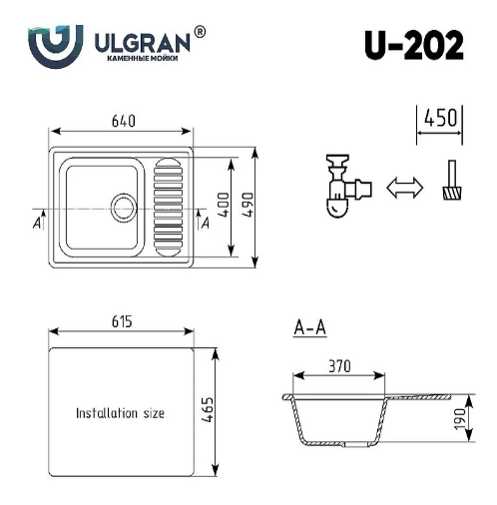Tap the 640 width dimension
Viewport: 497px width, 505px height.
pyautogui.click(x=122, y=121)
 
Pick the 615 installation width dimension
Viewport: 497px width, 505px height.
pyautogui.click(x=121, y=321)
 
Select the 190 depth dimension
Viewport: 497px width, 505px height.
pyautogui.click(x=461, y=418)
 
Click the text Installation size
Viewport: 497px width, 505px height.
pyautogui.click(x=120, y=412)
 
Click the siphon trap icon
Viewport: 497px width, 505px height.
pyautogui.click(x=342, y=185)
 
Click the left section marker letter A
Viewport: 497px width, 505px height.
pyautogui.click(x=36, y=223)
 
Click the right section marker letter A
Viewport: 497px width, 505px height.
pyautogui.click(x=205, y=223)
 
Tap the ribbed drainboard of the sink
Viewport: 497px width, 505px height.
pyautogui.click(x=169, y=205)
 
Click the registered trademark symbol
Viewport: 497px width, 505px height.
pyautogui.click(x=200, y=32)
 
